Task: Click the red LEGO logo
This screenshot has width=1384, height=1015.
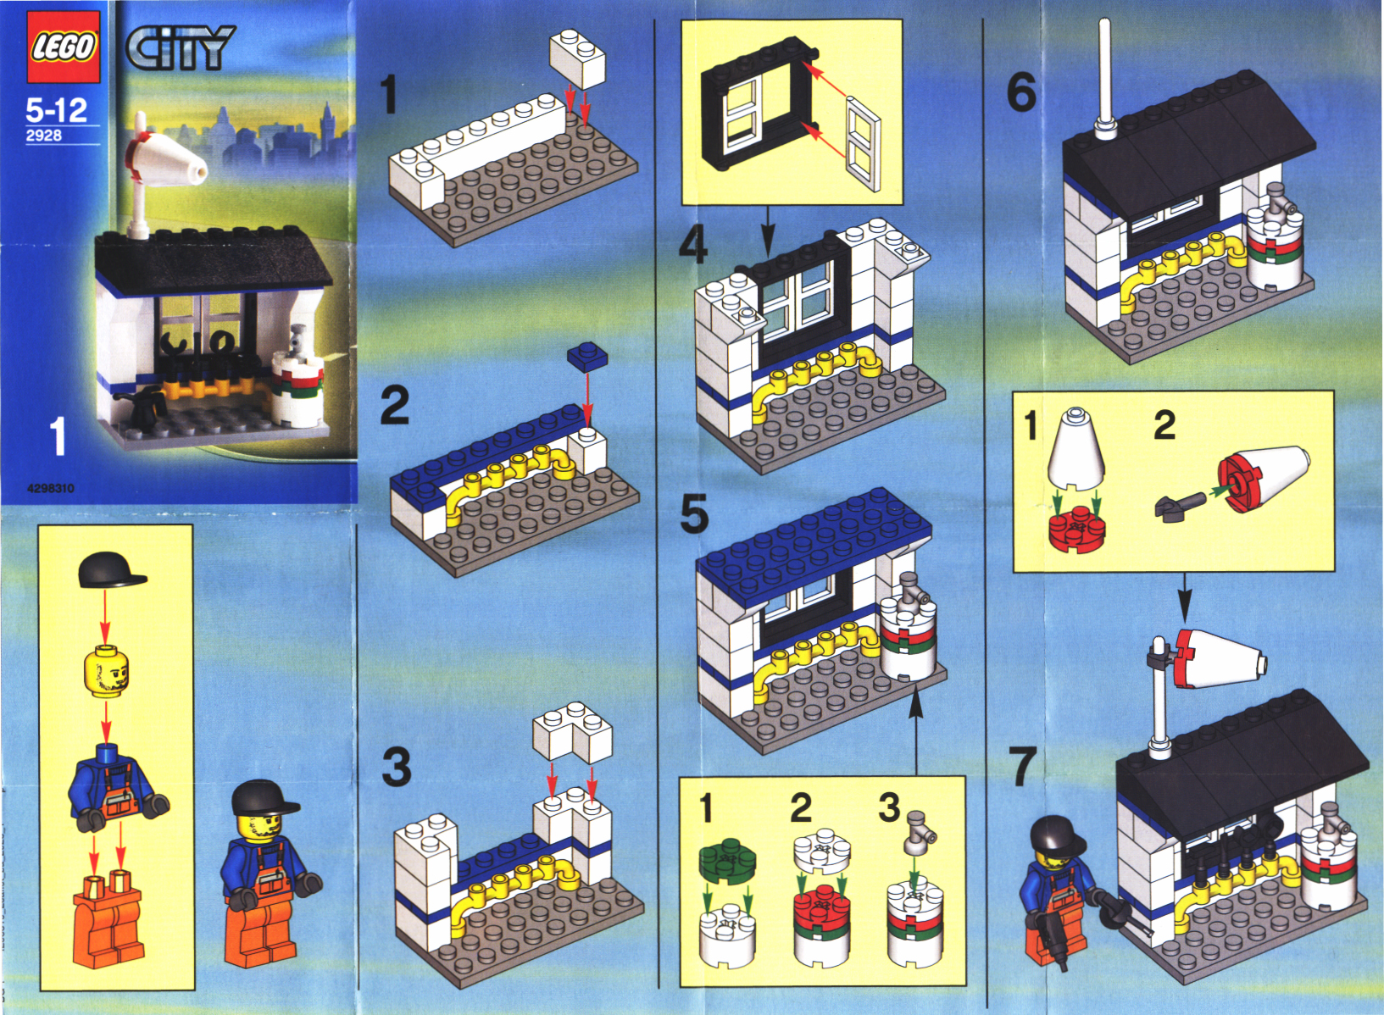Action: click(x=63, y=47)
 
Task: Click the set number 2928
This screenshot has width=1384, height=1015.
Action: click(x=43, y=136)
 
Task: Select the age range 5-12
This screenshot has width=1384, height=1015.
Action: click(x=56, y=111)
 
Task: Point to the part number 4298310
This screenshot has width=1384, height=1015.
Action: click(x=51, y=489)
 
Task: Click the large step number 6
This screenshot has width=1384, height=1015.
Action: click(x=1021, y=93)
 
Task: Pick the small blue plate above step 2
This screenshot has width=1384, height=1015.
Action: click(x=587, y=357)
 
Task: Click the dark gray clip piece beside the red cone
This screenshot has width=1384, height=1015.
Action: click(x=1179, y=506)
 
